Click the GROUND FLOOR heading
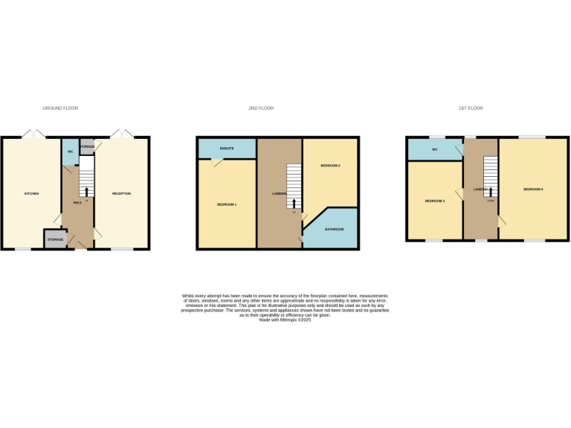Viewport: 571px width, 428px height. [x=60, y=108]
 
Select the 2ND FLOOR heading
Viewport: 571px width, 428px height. [x=261, y=108]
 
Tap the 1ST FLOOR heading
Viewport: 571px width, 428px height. [x=471, y=108]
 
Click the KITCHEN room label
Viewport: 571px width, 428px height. [x=31, y=194]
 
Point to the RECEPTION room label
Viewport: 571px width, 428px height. [x=121, y=194]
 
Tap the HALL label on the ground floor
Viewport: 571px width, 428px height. [x=77, y=202]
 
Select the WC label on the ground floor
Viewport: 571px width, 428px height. [x=70, y=152]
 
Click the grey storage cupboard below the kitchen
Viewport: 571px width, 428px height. [x=55, y=239]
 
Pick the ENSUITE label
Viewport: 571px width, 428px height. [x=227, y=149]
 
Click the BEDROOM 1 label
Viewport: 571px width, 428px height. [x=227, y=204]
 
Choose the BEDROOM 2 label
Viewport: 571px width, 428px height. [x=330, y=165]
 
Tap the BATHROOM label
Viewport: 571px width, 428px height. [x=334, y=229]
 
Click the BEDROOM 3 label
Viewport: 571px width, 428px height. [x=434, y=201]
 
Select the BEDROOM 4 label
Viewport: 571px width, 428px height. [x=533, y=189]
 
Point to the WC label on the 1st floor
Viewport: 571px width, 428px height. [x=434, y=149]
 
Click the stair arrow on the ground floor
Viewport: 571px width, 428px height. [x=86, y=192]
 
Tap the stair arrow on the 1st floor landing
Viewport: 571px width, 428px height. [x=491, y=191]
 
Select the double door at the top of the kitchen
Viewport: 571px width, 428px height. [x=32, y=134]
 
